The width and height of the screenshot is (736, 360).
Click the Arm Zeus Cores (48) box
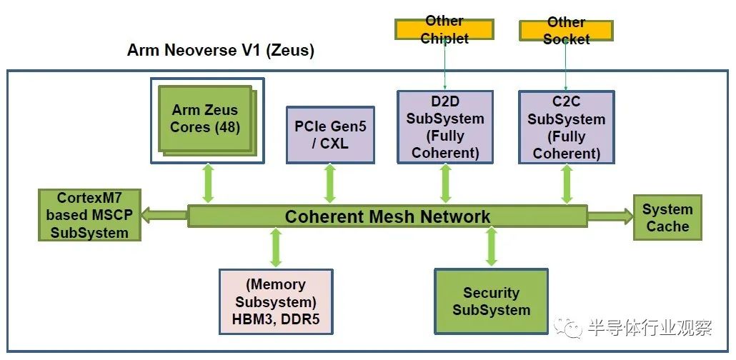tap(207, 120)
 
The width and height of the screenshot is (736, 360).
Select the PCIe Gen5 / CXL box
tap(330, 135)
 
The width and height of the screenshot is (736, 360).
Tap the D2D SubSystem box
tap(445, 126)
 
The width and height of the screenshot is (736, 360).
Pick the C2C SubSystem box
tap(567, 127)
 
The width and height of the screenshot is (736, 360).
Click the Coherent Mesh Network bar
tap(388, 216)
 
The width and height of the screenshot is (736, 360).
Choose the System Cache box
tap(667, 218)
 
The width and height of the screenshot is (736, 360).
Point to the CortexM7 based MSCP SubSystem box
tap(89, 216)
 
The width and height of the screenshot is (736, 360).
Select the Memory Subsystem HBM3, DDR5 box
tap(276, 301)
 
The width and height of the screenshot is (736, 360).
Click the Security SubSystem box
tap(492, 301)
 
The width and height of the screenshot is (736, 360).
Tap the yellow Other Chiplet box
tap(444, 29)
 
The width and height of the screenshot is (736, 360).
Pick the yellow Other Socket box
tap(566, 31)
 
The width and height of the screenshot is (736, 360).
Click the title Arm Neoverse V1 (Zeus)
tap(221, 50)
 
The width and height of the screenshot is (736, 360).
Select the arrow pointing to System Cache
tap(610, 216)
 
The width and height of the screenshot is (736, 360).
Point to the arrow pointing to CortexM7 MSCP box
tap(165, 216)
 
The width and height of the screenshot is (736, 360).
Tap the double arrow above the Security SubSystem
tap(492, 246)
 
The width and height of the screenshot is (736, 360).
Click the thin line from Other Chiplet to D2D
tap(444, 65)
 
